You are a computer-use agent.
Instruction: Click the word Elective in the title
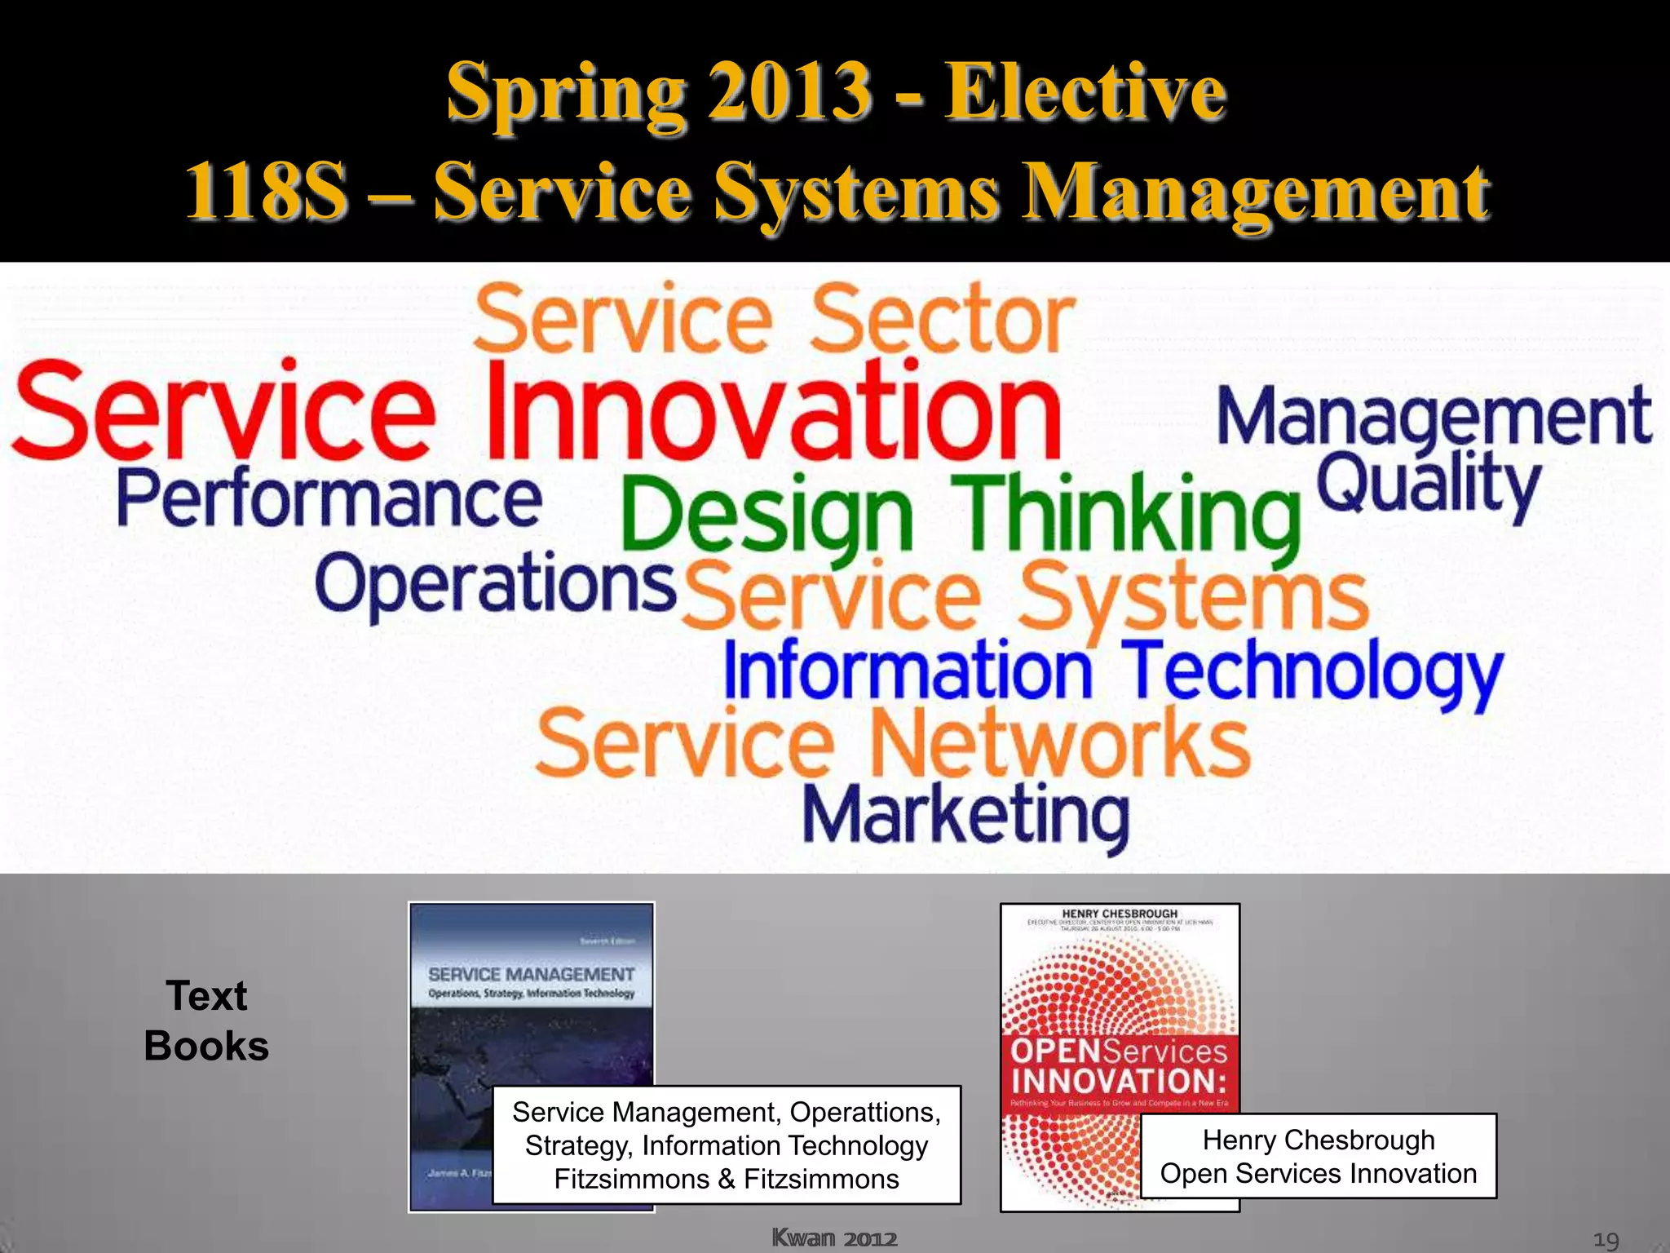click(x=1085, y=92)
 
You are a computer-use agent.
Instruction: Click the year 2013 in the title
click(x=789, y=92)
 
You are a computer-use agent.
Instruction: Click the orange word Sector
click(x=943, y=320)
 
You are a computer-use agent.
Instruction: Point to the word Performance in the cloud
click(x=329, y=498)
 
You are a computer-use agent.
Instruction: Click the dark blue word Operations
click(x=495, y=584)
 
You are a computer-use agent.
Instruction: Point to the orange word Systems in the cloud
click(x=1193, y=597)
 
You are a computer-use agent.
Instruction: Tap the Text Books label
click(x=206, y=1021)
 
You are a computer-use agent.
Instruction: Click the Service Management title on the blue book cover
click(x=531, y=975)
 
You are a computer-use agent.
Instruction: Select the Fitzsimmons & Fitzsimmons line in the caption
click(x=727, y=1180)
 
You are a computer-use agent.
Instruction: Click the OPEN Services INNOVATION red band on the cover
click(x=1120, y=1065)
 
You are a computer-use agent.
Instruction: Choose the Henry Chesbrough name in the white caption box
click(x=1319, y=1140)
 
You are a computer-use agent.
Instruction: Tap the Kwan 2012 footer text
click(x=834, y=1238)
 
